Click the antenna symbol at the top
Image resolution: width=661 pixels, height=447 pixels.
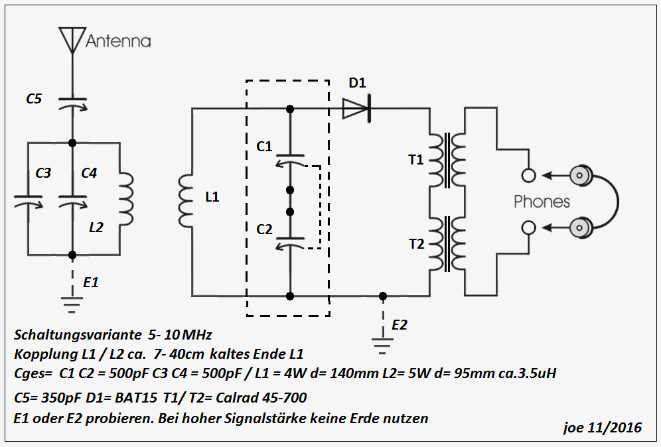(72, 40)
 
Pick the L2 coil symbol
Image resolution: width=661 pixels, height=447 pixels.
(127, 199)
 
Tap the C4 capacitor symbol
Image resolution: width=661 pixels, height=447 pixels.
(72, 199)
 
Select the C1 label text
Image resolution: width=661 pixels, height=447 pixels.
(264, 146)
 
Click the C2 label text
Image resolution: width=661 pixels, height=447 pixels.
(264, 229)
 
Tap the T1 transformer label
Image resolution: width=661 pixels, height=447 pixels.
(416, 159)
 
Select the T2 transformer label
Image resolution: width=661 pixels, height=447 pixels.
(416, 243)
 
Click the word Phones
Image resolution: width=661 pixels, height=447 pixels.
(542, 202)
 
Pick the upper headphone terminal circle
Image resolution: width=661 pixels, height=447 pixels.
(528, 176)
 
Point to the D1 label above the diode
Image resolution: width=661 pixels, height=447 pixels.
(358, 84)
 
